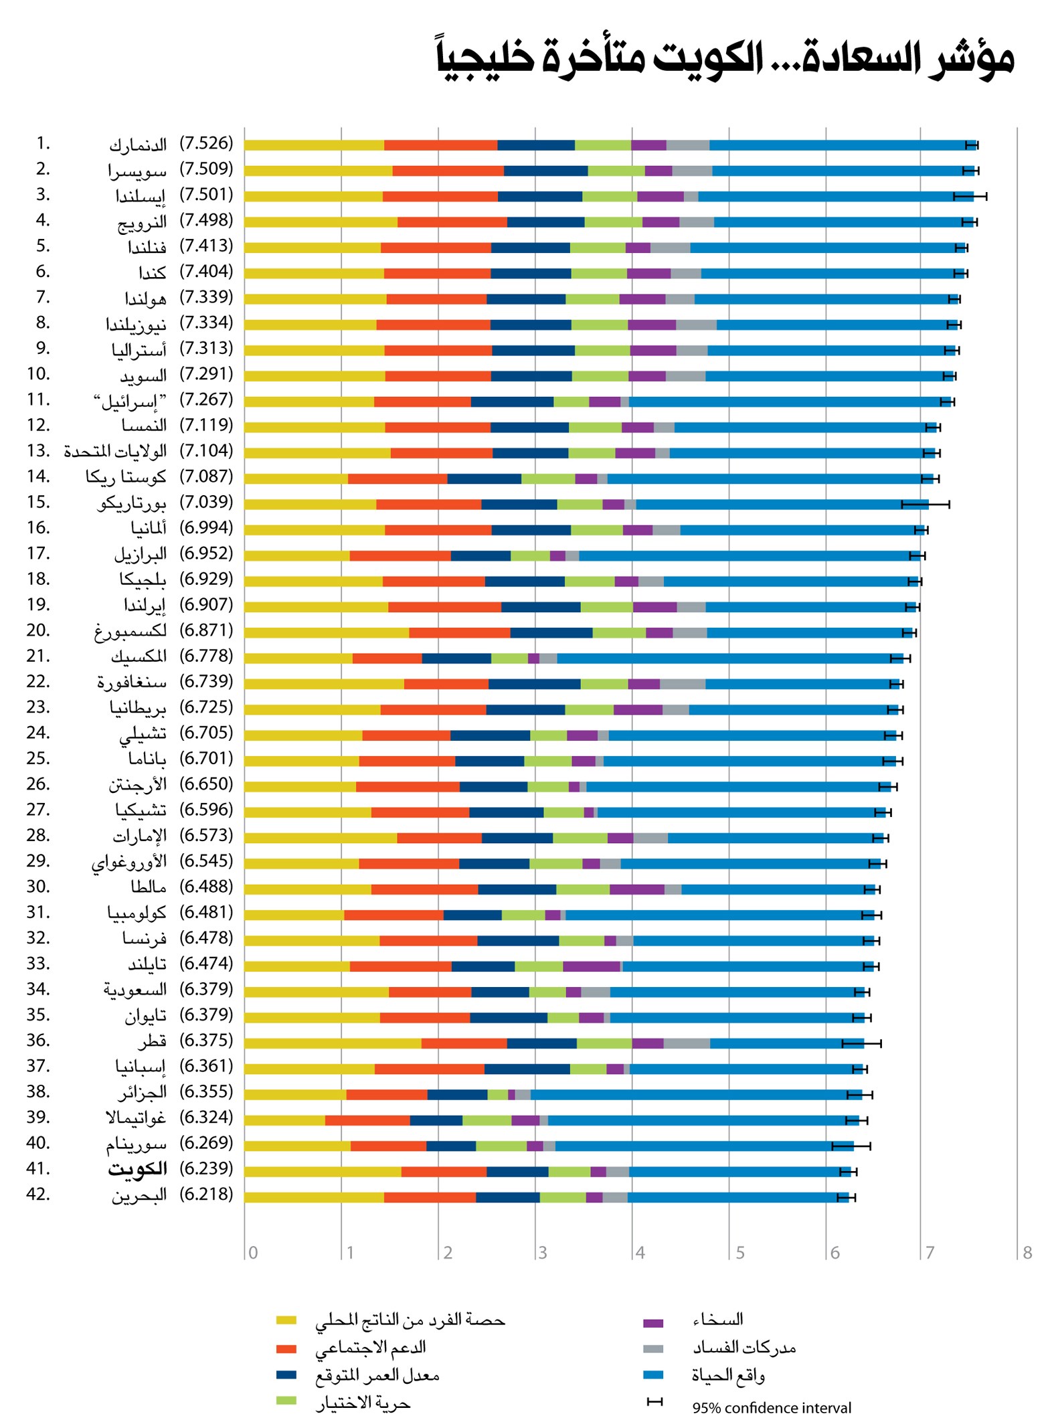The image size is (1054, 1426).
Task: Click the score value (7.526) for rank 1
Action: pyautogui.click(x=206, y=143)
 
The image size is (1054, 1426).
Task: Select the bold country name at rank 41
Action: pyautogui.click(x=137, y=1168)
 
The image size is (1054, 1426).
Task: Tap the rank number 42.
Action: pyautogui.click(x=38, y=1194)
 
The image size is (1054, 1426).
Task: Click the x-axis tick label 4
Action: pyautogui.click(x=640, y=1253)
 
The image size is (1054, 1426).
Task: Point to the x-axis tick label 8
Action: pyautogui.click(x=1027, y=1253)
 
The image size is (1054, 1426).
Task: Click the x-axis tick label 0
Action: pyautogui.click(x=253, y=1253)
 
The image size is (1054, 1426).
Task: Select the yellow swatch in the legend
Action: pyautogui.click(x=286, y=1320)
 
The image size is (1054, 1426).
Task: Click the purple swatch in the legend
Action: pyautogui.click(x=653, y=1323)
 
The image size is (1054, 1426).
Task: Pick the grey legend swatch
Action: pyautogui.click(x=653, y=1349)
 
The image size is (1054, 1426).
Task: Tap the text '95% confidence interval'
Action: pyautogui.click(x=772, y=1408)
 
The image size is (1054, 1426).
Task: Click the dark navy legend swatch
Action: pyautogui.click(x=286, y=1375)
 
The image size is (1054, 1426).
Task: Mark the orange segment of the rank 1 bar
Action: pyautogui.click(x=440, y=145)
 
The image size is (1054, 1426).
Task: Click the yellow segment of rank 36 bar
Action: pyautogui.click(x=333, y=1043)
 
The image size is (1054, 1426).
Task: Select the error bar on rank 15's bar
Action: pyautogui.click(x=926, y=504)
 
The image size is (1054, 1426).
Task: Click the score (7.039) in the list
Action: pyautogui.click(x=206, y=502)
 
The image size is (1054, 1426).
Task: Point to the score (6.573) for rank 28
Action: pyautogui.click(x=206, y=835)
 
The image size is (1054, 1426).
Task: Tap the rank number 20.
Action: pyautogui.click(x=38, y=630)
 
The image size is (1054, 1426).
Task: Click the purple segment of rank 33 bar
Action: pyautogui.click(x=592, y=966)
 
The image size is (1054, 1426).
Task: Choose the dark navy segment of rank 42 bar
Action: pyautogui.click(x=508, y=1197)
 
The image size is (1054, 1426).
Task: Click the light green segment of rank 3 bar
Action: pyautogui.click(x=610, y=196)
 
